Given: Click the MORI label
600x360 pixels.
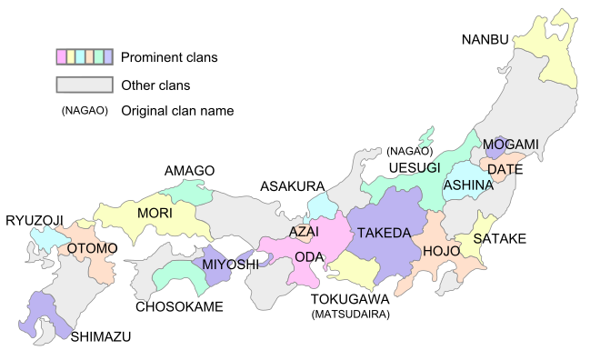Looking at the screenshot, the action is [x=155, y=214].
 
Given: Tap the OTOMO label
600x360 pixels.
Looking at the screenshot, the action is [x=91, y=249].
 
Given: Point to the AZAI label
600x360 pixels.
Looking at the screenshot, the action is [x=304, y=232].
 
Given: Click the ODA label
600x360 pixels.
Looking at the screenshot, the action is [x=309, y=257].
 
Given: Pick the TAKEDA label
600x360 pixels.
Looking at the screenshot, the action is [x=383, y=234].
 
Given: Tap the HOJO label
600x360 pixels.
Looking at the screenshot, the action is [x=441, y=251].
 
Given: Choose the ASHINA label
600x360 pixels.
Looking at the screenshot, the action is [x=467, y=185].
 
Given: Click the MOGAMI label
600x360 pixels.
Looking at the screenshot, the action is [x=510, y=145].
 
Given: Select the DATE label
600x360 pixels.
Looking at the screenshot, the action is [x=503, y=169].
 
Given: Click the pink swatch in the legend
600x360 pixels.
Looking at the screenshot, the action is [x=61, y=57].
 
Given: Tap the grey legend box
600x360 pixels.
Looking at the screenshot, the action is [x=85, y=85].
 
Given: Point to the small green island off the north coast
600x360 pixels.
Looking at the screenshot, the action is [x=425, y=139].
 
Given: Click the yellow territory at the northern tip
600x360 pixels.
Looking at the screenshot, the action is [x=545, y=55].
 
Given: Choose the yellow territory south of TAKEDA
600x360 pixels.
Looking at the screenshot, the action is [x=354, y=270].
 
